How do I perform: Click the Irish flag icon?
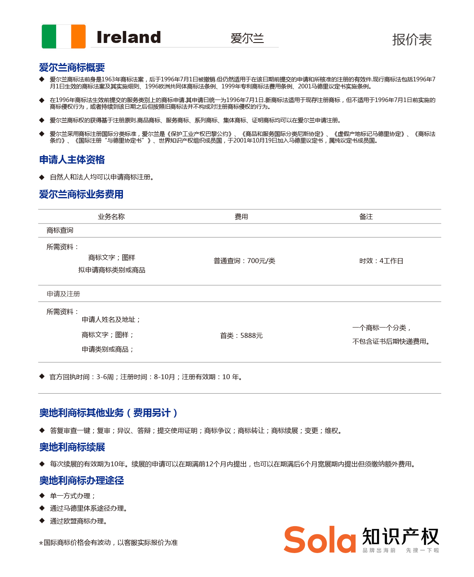(x=64, y=36)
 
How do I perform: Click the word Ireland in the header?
(x=128, y=37)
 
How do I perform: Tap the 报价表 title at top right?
(x=412, y=40)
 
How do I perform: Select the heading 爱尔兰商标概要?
(x=72, y=67)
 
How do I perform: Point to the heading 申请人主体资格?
(x=72, y=160)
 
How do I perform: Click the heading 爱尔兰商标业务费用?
(x=81, y=194)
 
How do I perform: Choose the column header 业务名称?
(x=111, y=217)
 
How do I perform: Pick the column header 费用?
(x=241, y=217)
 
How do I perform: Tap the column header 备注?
(x=366, y=217)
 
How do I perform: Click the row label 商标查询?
(x=60, y=230)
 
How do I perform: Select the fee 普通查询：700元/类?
(x=244, y=261)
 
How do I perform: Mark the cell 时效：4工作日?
(x=381, y=261)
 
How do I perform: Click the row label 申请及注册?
(x=63, y=294)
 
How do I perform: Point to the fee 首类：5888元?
(x=241, y=336)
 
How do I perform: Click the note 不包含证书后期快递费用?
(x=391, y=342)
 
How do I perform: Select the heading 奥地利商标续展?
(x=72, y=447)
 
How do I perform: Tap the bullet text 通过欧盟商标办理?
(x=78, y=521)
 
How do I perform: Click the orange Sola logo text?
(x=320, y=540)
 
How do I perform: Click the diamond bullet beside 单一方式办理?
(x=42, y=496)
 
